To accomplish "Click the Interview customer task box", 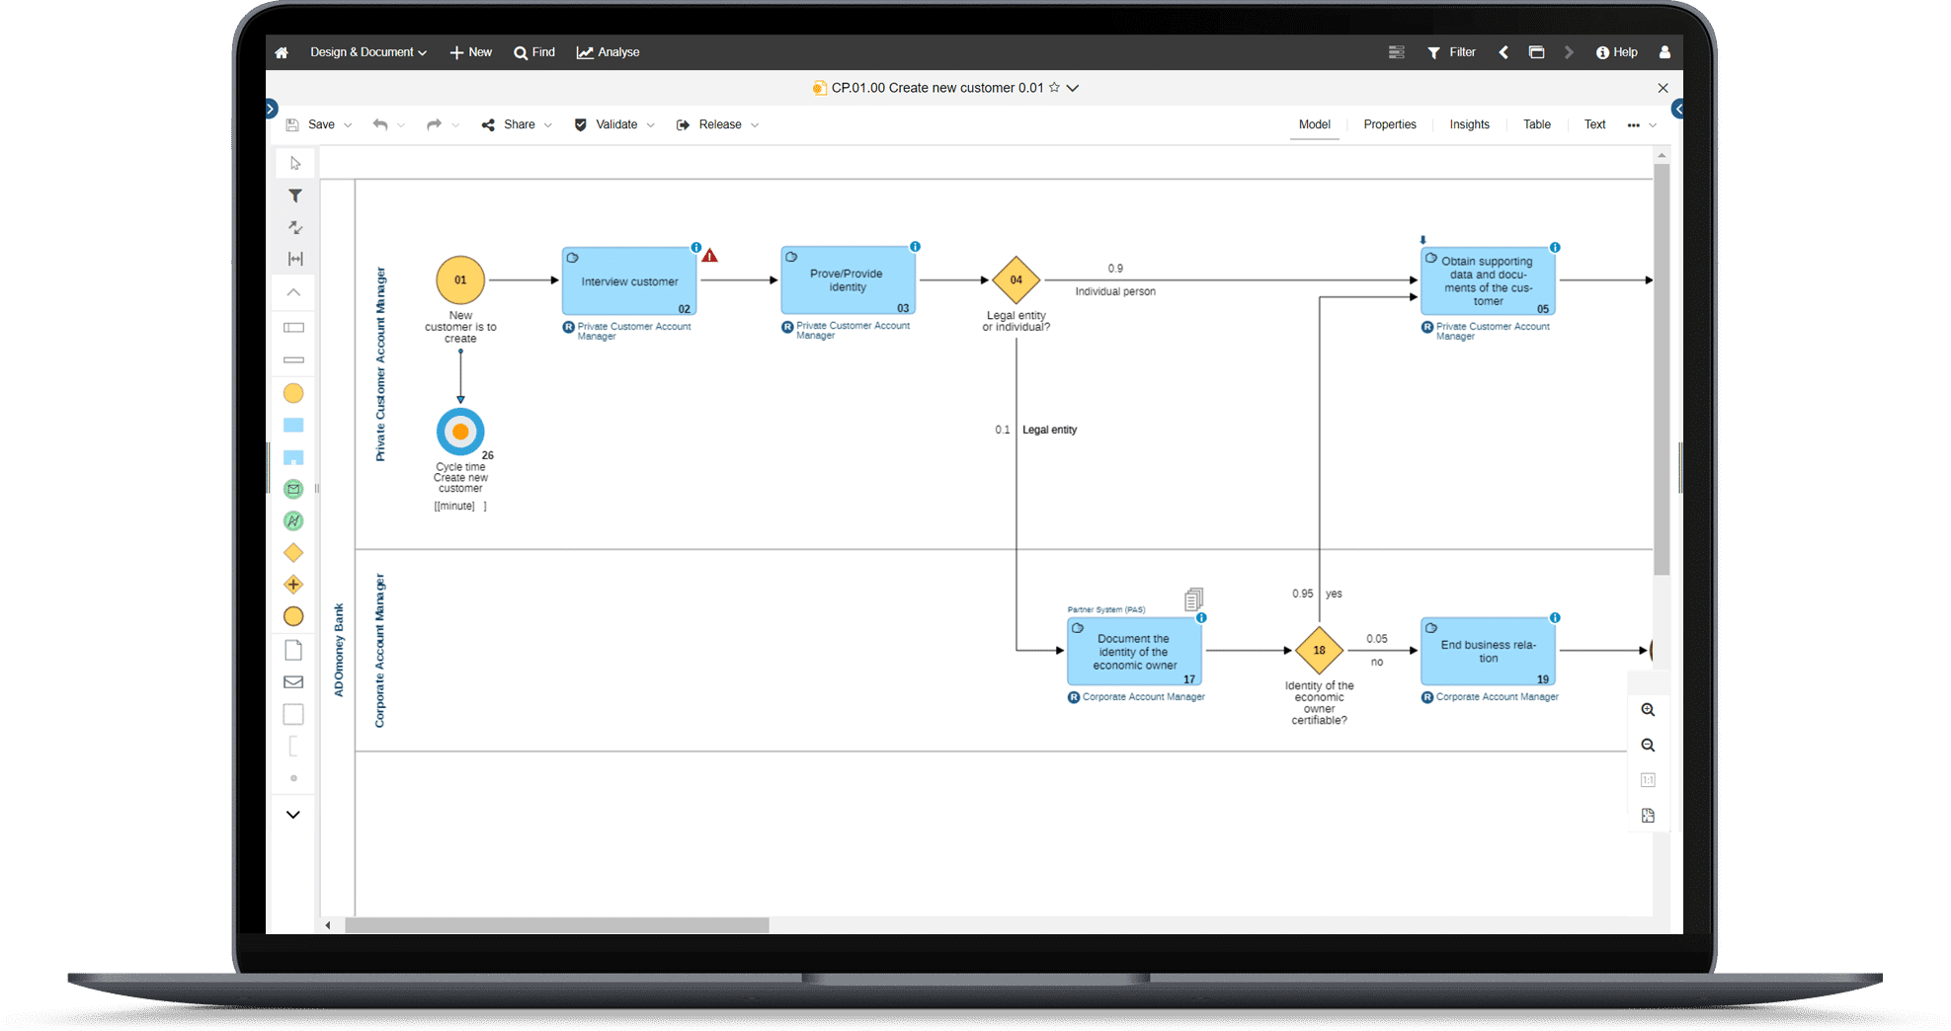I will [x=629, y=281].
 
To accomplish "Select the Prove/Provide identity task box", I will [x=848, y=280].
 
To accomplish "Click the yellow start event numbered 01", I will [x=460, y=280].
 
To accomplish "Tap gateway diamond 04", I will [x=1016, y=280].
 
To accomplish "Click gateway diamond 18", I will [x=1319, y=650].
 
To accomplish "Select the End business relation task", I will [x=1488, y=652].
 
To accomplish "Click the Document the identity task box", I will [x=1134, y=652].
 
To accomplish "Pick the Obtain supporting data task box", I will [x=1488, y=281].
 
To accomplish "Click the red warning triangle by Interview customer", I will [x=709, y=256].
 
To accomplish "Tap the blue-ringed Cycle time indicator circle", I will [x=460, y=432].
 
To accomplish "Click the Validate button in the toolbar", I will [x=615, y=124].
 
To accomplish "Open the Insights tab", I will [x=1469, y=124].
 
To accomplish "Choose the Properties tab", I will [x=1389, y=124].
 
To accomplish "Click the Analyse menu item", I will [x=609, y=52].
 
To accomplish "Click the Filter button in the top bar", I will [x=1451, y=52].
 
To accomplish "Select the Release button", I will [x=718, y=124].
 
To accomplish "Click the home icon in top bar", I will [x=282, y=52].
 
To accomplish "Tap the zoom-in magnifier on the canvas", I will [x=1648, y=710].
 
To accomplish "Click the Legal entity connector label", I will [x=1049, y=430].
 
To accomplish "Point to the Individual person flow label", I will [x=1114, y=291].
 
